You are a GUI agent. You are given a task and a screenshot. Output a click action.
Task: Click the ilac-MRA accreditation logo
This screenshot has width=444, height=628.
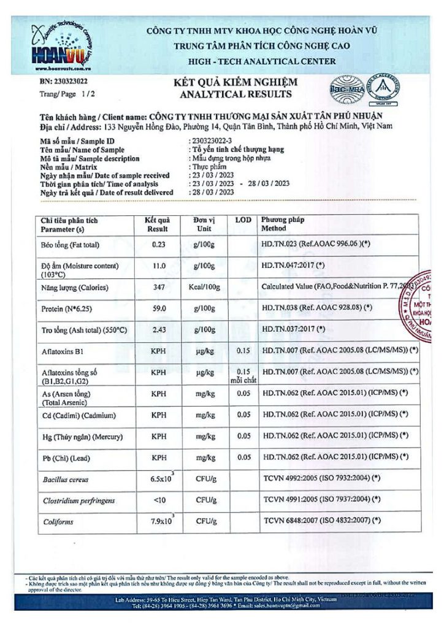(346, 88)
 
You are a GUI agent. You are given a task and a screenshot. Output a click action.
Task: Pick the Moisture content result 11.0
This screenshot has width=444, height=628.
(159, 266)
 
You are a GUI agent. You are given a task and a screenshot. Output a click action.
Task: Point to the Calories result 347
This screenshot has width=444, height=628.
(159, 287)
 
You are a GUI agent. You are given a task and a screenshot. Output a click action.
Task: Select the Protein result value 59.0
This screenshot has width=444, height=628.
(159, 308)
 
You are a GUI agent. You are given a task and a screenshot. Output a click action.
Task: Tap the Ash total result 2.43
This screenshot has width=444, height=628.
(159, 329)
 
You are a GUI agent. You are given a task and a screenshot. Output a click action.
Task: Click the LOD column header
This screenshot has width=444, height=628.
(243, 220)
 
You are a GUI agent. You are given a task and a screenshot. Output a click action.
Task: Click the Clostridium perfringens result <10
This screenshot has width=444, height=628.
(159, 500)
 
